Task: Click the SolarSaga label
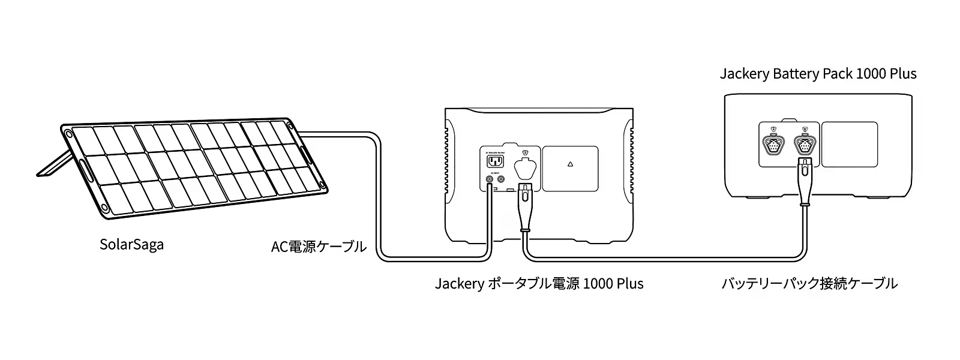[x=131, y=245]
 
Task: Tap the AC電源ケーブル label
[x=319, y=247]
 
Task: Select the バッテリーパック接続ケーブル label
[x=809, y=283]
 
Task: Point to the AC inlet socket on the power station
[x=495, y=162]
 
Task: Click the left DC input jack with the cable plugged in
[x=490, y=179]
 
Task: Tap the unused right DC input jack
[x=502, y=179]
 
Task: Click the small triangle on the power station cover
[x=570, y=163]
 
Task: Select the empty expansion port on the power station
[x=526, y=169]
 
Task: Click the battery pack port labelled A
[x=773, y=145]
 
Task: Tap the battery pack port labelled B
[x=805, y=145]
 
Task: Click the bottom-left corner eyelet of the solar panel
[x=104, y=208]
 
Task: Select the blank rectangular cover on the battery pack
[x=849, y=144]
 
